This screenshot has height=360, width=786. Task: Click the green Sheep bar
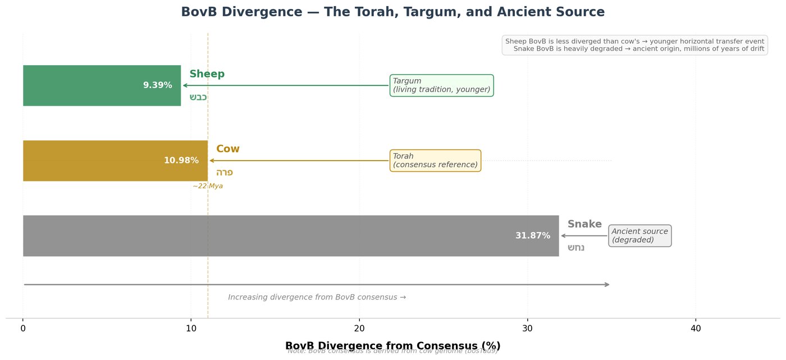pos(84,85)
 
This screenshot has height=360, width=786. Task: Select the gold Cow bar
pos(95,161)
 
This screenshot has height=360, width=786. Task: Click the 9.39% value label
pos(157,85)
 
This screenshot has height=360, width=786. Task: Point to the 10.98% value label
pos(181,161)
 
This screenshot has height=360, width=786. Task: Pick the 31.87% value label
pos(533,236)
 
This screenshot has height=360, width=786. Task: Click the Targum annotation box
pos(441,85)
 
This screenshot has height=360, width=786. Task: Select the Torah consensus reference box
pos(435,161)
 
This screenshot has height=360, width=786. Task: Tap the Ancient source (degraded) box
pos(639,236)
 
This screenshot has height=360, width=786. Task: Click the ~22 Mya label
pos(208,186)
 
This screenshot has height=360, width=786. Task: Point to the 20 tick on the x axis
pos(359,328)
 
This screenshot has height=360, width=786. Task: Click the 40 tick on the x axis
pos(696,328)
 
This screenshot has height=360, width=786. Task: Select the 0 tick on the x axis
pos(23,328)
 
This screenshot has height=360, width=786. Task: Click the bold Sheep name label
pos(207,74)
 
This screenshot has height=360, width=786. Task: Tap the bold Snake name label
pos(584,224)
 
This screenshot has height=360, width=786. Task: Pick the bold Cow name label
pos(228,149)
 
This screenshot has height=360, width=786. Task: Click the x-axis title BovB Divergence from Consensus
pos(392,345)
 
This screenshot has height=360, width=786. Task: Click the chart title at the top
pos(392,12)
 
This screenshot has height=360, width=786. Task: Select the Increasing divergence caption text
pos(317,297)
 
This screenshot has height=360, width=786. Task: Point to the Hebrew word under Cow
pos(225,172)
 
